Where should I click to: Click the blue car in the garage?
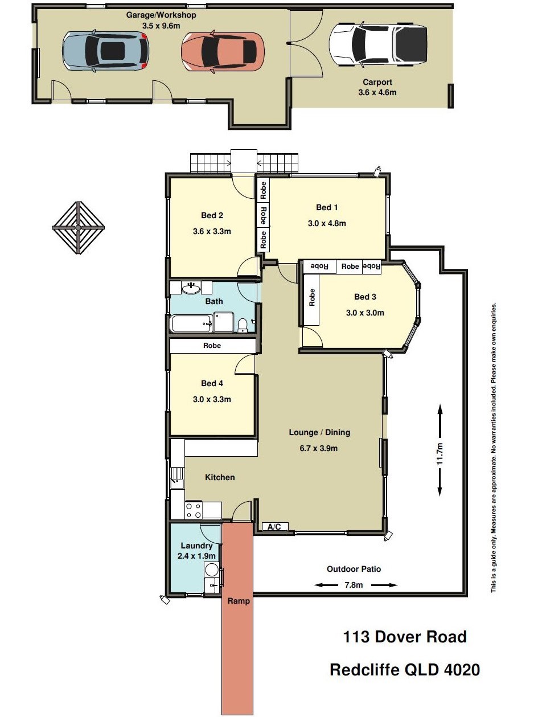(105, 51)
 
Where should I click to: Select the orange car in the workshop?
(223, 51)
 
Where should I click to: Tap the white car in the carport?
(378, 44)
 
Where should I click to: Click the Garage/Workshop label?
(161, 15)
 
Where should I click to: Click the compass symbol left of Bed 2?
(79, 227)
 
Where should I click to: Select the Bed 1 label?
(327, 207)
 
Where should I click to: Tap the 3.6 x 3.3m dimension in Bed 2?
(212, 232)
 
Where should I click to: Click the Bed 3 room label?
(365, 297)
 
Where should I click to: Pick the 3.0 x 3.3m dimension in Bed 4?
(212, 399)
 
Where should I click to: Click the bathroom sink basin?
(191, 288)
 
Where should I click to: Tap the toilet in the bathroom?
(242, 325)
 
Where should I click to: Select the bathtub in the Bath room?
(192, 323)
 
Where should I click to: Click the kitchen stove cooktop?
(194, 510)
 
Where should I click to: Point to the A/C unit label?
(274, 527)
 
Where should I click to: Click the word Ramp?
(239, 601)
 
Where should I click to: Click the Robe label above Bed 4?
(212, 345)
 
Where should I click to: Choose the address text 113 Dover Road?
(405, 637)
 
